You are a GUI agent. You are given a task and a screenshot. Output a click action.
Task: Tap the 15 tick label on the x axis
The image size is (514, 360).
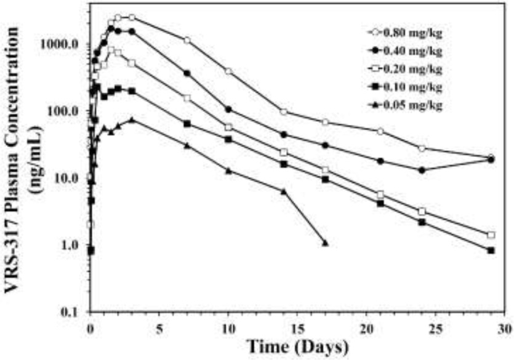point(297,326)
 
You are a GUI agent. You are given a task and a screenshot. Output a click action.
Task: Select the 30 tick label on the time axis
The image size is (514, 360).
point(505,326)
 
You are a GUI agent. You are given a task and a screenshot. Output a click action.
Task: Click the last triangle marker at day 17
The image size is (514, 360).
point(325,244)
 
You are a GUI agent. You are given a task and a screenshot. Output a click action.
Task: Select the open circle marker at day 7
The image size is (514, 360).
point(187,41)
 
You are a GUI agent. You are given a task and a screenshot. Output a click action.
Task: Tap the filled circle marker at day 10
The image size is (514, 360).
point(228,110)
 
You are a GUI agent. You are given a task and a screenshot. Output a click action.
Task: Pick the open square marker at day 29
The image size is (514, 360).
point(491,235)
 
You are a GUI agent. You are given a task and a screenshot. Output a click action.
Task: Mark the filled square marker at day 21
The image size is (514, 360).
point(380,203)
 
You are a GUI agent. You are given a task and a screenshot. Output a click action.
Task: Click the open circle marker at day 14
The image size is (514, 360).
point(284,112)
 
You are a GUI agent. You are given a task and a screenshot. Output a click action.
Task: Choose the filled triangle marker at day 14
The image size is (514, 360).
point(284,191)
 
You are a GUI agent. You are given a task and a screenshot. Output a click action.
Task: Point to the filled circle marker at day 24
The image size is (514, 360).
point(422,170)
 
